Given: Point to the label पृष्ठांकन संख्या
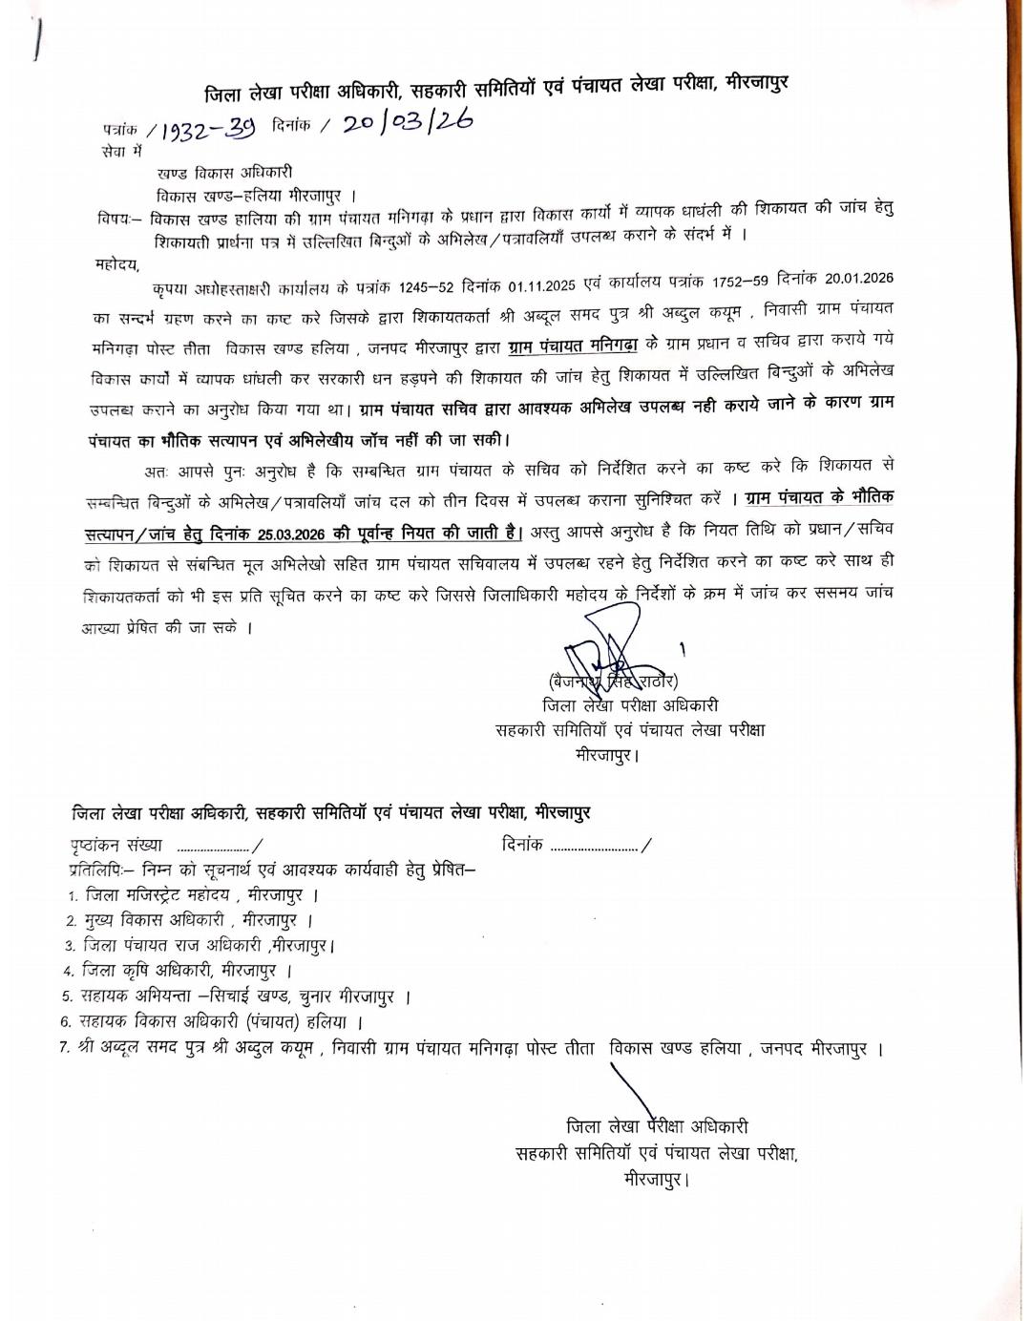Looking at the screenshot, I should [115, 845].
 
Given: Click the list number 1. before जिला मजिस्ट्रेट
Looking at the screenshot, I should [73, 896].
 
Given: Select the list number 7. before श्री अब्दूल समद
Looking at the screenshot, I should [63, 1048].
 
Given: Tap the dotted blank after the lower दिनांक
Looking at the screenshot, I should [594, 846].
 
